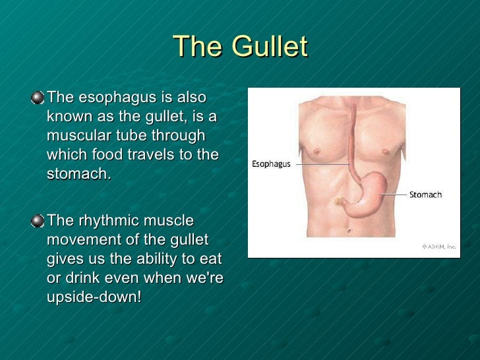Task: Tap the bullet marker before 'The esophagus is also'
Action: pos(39,98)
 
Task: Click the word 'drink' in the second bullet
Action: pos(89,278)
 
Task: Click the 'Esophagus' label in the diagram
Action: pos(271,164)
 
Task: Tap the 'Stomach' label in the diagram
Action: pos(425,195)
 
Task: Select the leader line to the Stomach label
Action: pos(393,195)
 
